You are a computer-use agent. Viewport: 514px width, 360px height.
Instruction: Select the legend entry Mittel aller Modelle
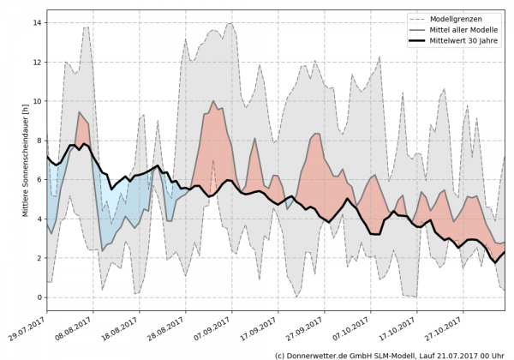469,30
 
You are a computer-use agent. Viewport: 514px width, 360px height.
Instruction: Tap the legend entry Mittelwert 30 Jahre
469,41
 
